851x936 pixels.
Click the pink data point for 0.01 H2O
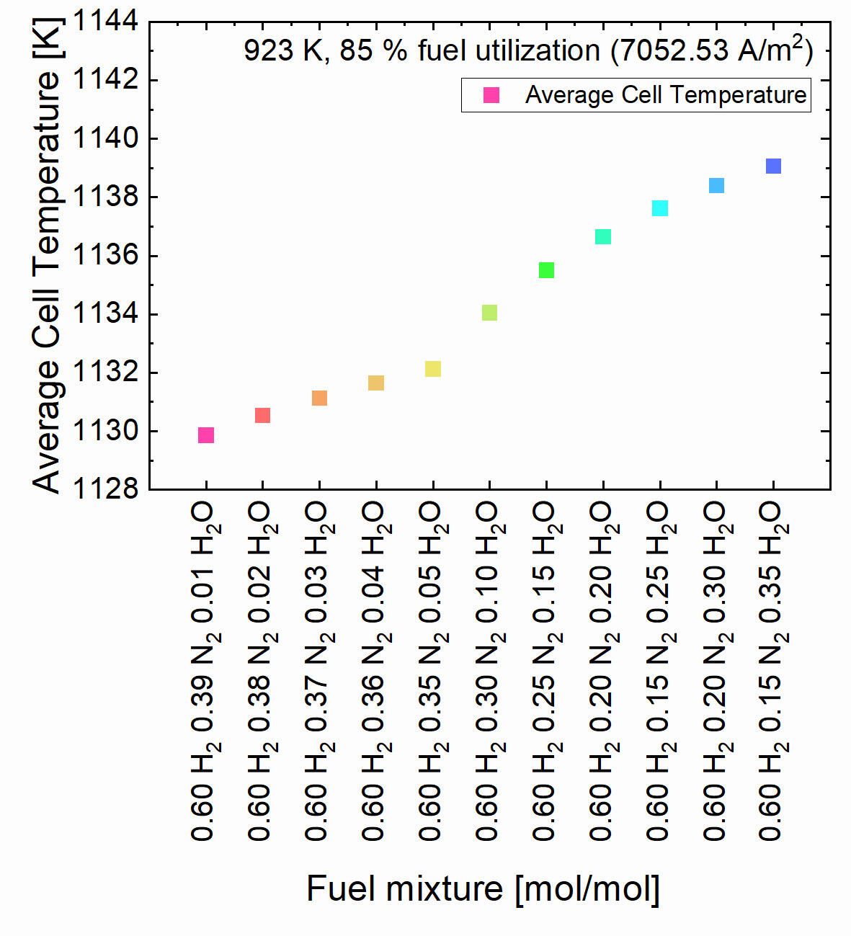point(206,435)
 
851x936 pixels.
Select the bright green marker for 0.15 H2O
point(546,270)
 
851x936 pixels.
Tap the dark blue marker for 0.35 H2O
point(773,166)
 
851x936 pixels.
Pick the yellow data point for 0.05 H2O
point(432,369)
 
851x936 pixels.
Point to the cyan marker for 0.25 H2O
point(660,208)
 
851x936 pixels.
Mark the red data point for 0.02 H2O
point(262,415)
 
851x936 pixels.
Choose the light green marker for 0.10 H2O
point(489,313)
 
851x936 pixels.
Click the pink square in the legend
point(491,95)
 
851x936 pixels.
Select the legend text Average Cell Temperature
point(666,95)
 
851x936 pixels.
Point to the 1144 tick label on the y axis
point(106,21)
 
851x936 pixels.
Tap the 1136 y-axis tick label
point(106,255)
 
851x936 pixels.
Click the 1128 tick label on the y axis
point(106,489)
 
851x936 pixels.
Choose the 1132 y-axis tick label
point(106,373)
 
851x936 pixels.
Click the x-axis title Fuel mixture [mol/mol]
point(483,888)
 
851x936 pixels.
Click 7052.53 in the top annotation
point(669,51)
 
